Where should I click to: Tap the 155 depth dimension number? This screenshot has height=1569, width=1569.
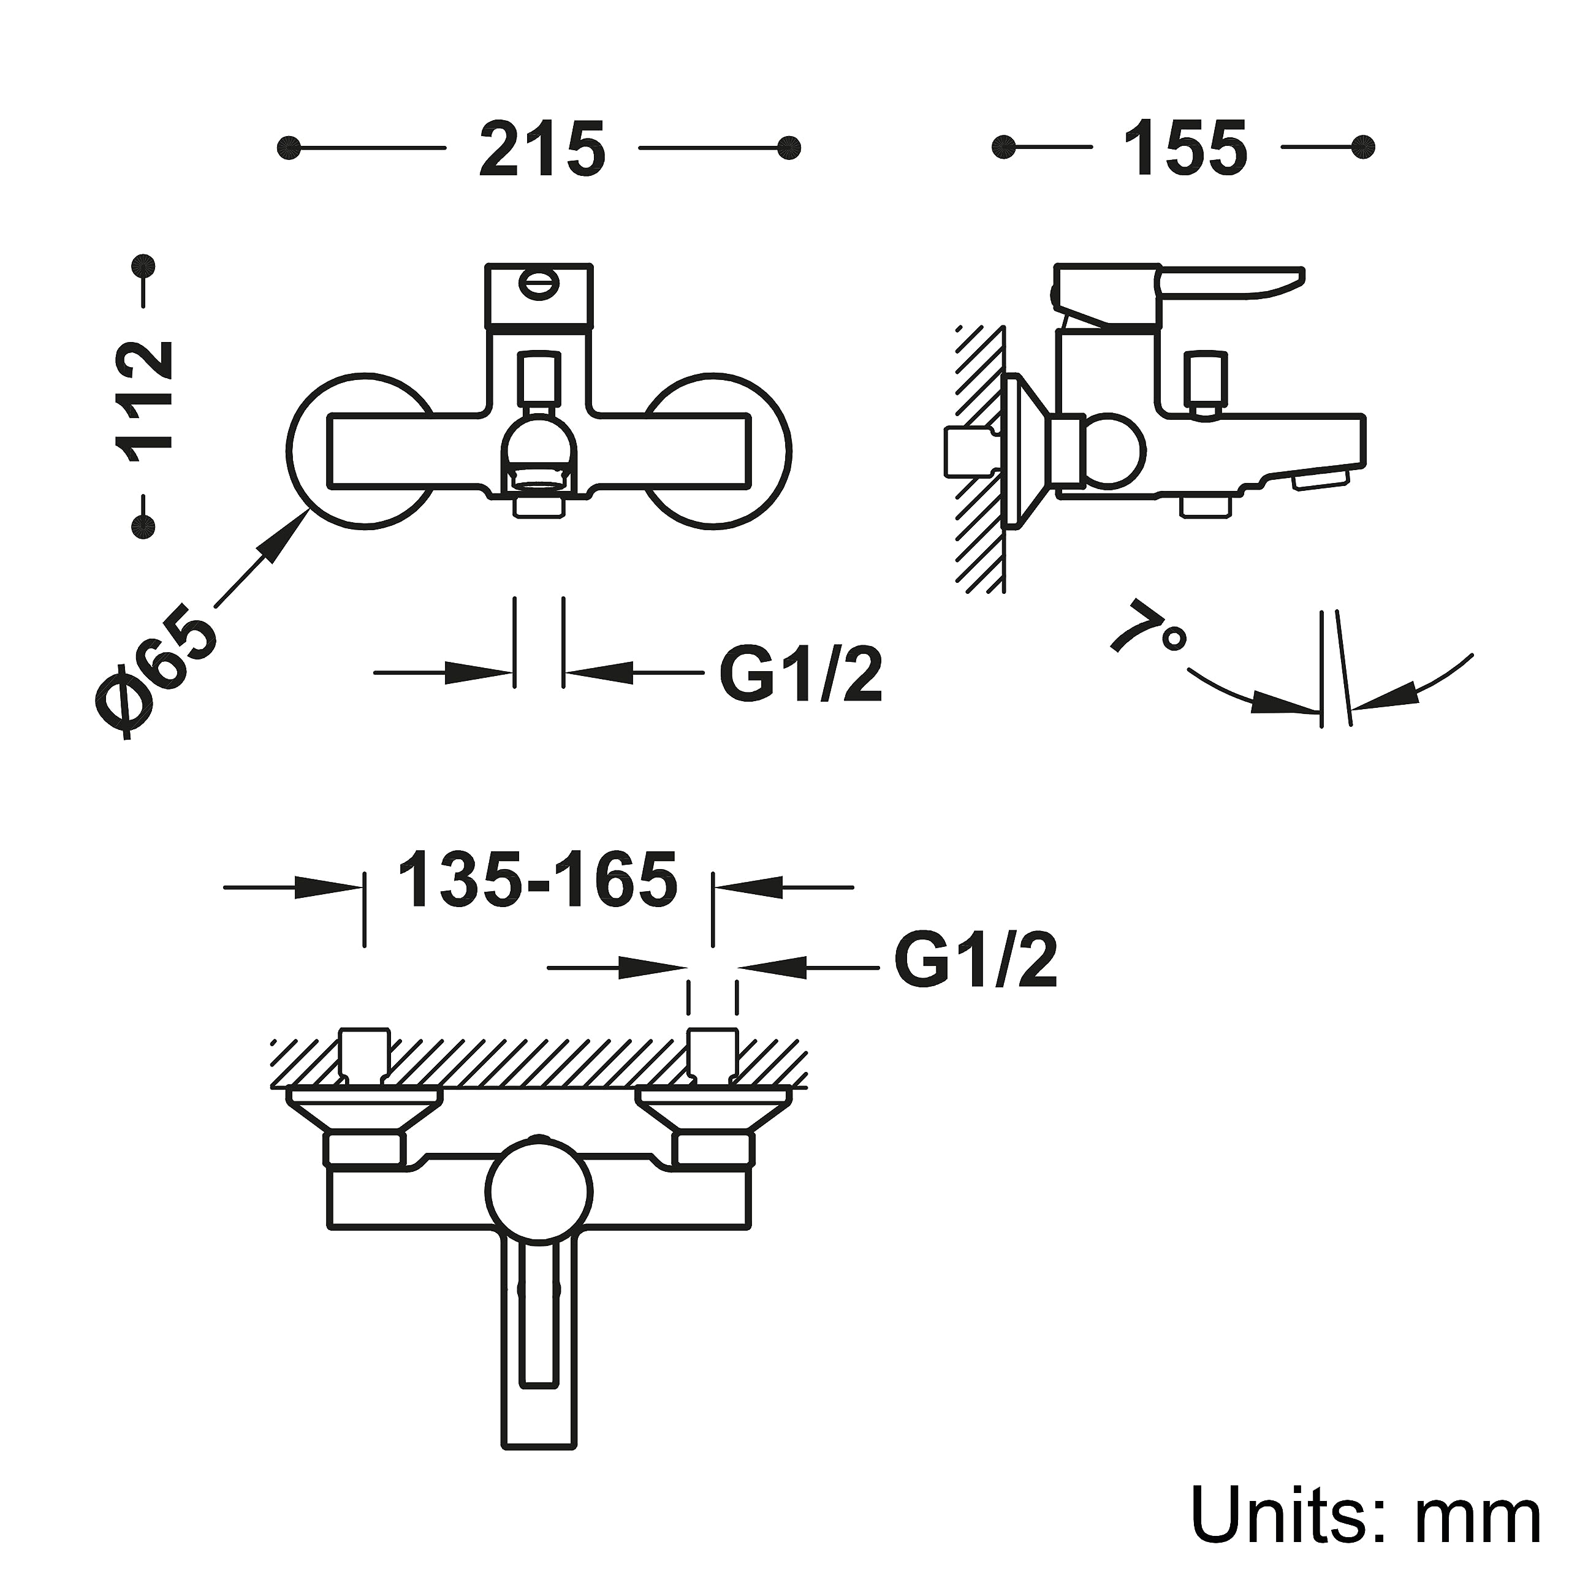pos(1186,148)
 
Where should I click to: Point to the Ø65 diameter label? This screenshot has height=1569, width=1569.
pos(156,675)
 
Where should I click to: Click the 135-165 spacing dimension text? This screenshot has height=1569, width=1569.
pos(538,879)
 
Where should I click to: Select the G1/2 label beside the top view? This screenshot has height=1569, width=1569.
pos(976,962)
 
